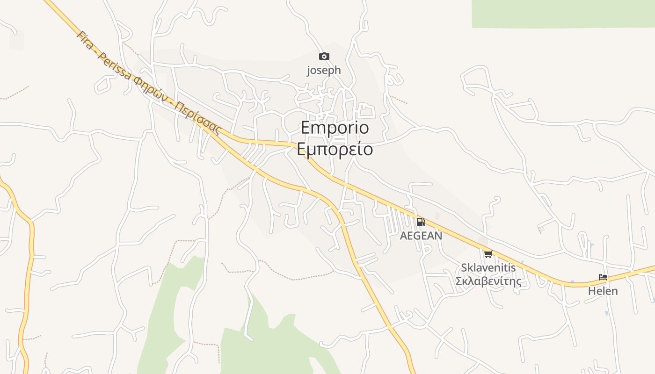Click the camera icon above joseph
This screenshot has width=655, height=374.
324,57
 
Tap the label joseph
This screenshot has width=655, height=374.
324,71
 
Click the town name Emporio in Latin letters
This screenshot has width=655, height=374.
335,128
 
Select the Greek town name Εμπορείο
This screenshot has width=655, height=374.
335,149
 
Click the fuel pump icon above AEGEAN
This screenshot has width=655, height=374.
421,222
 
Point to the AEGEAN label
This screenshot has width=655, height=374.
421,236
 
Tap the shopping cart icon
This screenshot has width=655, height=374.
488,254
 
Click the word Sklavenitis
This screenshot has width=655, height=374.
488,268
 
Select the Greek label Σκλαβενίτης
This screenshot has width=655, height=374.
488,281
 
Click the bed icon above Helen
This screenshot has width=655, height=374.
603,277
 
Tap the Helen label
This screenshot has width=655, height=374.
603,291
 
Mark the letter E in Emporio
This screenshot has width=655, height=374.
306,128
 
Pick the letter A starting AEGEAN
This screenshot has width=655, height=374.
403,236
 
